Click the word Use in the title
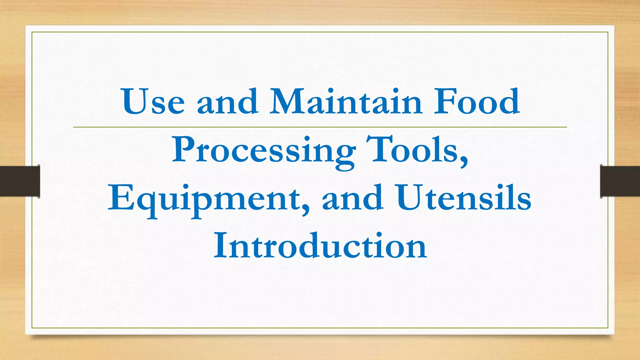click(x=153, y=102)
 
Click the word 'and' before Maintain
click(x=227, y=102)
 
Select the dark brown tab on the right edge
click(x=620, y=181)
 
